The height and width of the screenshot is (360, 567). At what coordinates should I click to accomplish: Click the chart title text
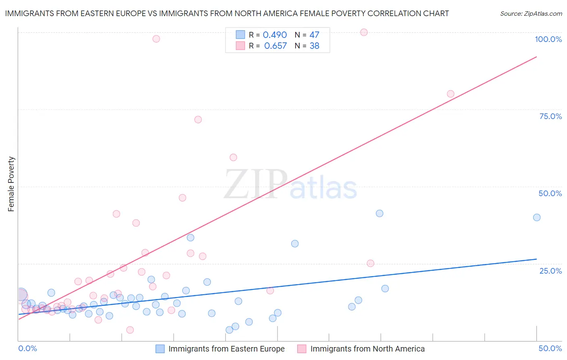click(x=227, y=13)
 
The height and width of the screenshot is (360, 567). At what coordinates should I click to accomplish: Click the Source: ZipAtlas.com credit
click(x=531, y=13)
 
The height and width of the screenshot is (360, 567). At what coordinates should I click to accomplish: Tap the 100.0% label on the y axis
click(x=548, y=39)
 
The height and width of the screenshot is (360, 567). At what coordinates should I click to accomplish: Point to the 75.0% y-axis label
click(x=550, y=116)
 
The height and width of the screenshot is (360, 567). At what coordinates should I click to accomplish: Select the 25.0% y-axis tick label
click(x=550, y=270)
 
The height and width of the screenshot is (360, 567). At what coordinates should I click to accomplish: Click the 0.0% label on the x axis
click(x=27, y=348)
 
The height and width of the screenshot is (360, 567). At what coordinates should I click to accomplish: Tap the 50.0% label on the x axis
click(x=550, y=348)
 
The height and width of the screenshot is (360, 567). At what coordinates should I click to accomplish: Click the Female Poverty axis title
click(x=11, y=184)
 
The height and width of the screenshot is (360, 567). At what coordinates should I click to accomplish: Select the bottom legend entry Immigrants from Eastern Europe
click(x=226, y=349)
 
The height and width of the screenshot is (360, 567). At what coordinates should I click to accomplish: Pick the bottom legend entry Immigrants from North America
click(x=367, y=349)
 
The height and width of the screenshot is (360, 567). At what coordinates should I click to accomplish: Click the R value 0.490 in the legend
click(x=275, y=35)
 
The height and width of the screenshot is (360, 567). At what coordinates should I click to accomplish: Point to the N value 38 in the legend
click(x=314, y=46)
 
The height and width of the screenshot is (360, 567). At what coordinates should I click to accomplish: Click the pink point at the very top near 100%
click(x=364, y=32)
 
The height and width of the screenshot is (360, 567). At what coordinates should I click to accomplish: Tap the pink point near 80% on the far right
click(x=450, y=94)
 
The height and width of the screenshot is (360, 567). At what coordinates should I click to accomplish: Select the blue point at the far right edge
click(x=537, y=218)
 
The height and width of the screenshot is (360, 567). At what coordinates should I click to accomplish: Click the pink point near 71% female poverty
click(x=198, y=119)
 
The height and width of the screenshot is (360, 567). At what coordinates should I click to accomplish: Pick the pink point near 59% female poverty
click(x=233, y=157)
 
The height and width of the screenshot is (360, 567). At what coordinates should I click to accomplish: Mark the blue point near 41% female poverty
click(x=379, y=213)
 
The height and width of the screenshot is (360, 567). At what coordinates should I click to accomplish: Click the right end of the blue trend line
click(x=536, y=259)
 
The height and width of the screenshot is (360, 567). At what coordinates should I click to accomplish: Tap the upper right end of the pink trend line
click(x=536, y=57)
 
